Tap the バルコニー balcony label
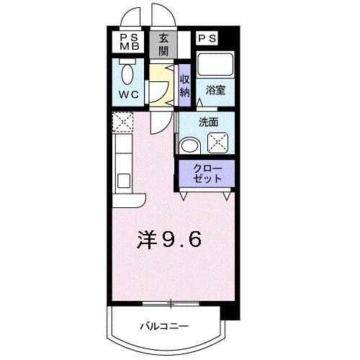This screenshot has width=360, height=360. (164, 325)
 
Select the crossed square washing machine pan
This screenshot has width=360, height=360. (218, 143)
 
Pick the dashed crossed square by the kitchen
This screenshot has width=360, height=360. (122, 122)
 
